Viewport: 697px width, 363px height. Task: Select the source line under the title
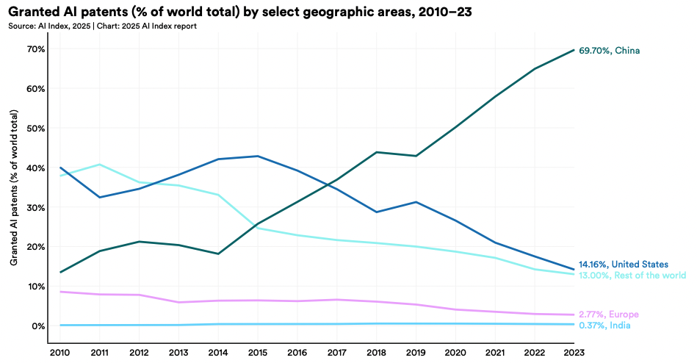[x=103, y=26]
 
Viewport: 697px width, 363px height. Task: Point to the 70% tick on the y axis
[x=37, y=49]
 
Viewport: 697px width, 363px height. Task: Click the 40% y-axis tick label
[x=37, y=168]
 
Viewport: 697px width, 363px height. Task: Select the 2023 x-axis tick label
[x=574, y=352]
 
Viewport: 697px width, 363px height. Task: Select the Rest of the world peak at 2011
[x=99, y=165]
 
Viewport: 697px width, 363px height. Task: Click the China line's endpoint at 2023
[x=574, y=50]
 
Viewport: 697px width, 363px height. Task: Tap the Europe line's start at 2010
[x=59, y=292]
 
